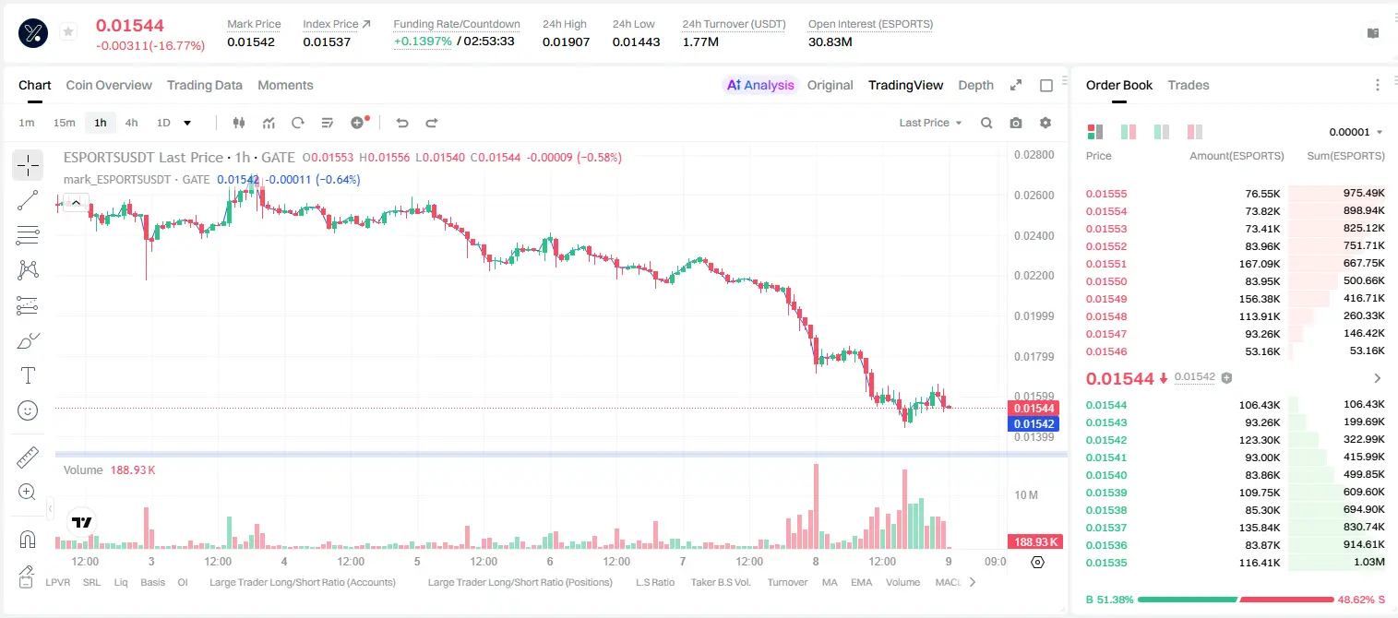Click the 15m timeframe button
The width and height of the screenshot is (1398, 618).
[65, 123]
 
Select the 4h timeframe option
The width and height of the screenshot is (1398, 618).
[131, 123]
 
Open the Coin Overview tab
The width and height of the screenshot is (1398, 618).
[109, 86]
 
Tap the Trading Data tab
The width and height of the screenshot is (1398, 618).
[204, 86]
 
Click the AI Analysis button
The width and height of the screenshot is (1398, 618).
[760, 86]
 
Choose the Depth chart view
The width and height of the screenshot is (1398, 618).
[975, 86]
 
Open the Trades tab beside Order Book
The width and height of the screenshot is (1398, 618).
[1189, 86]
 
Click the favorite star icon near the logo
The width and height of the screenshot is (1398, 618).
[68, 31]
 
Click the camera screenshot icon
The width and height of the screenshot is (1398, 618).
[1016, 123]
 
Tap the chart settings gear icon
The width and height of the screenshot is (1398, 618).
[1046, 123]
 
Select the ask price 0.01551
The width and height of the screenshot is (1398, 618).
[1105, 264]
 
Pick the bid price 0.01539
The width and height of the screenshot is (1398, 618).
[1105, 493]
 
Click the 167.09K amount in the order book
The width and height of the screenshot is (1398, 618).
[1260, 264]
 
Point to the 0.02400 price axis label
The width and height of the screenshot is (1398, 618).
[1034, 236]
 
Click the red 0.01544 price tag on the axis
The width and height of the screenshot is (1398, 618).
[1034, 409]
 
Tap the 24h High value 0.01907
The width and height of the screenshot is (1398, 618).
[566, 42]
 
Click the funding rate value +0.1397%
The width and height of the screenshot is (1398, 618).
[423, 42]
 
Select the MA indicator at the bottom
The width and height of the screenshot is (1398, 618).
[830, 582]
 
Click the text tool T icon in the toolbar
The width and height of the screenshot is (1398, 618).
[28, 376]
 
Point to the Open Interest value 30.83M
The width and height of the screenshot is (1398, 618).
[830, 42]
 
